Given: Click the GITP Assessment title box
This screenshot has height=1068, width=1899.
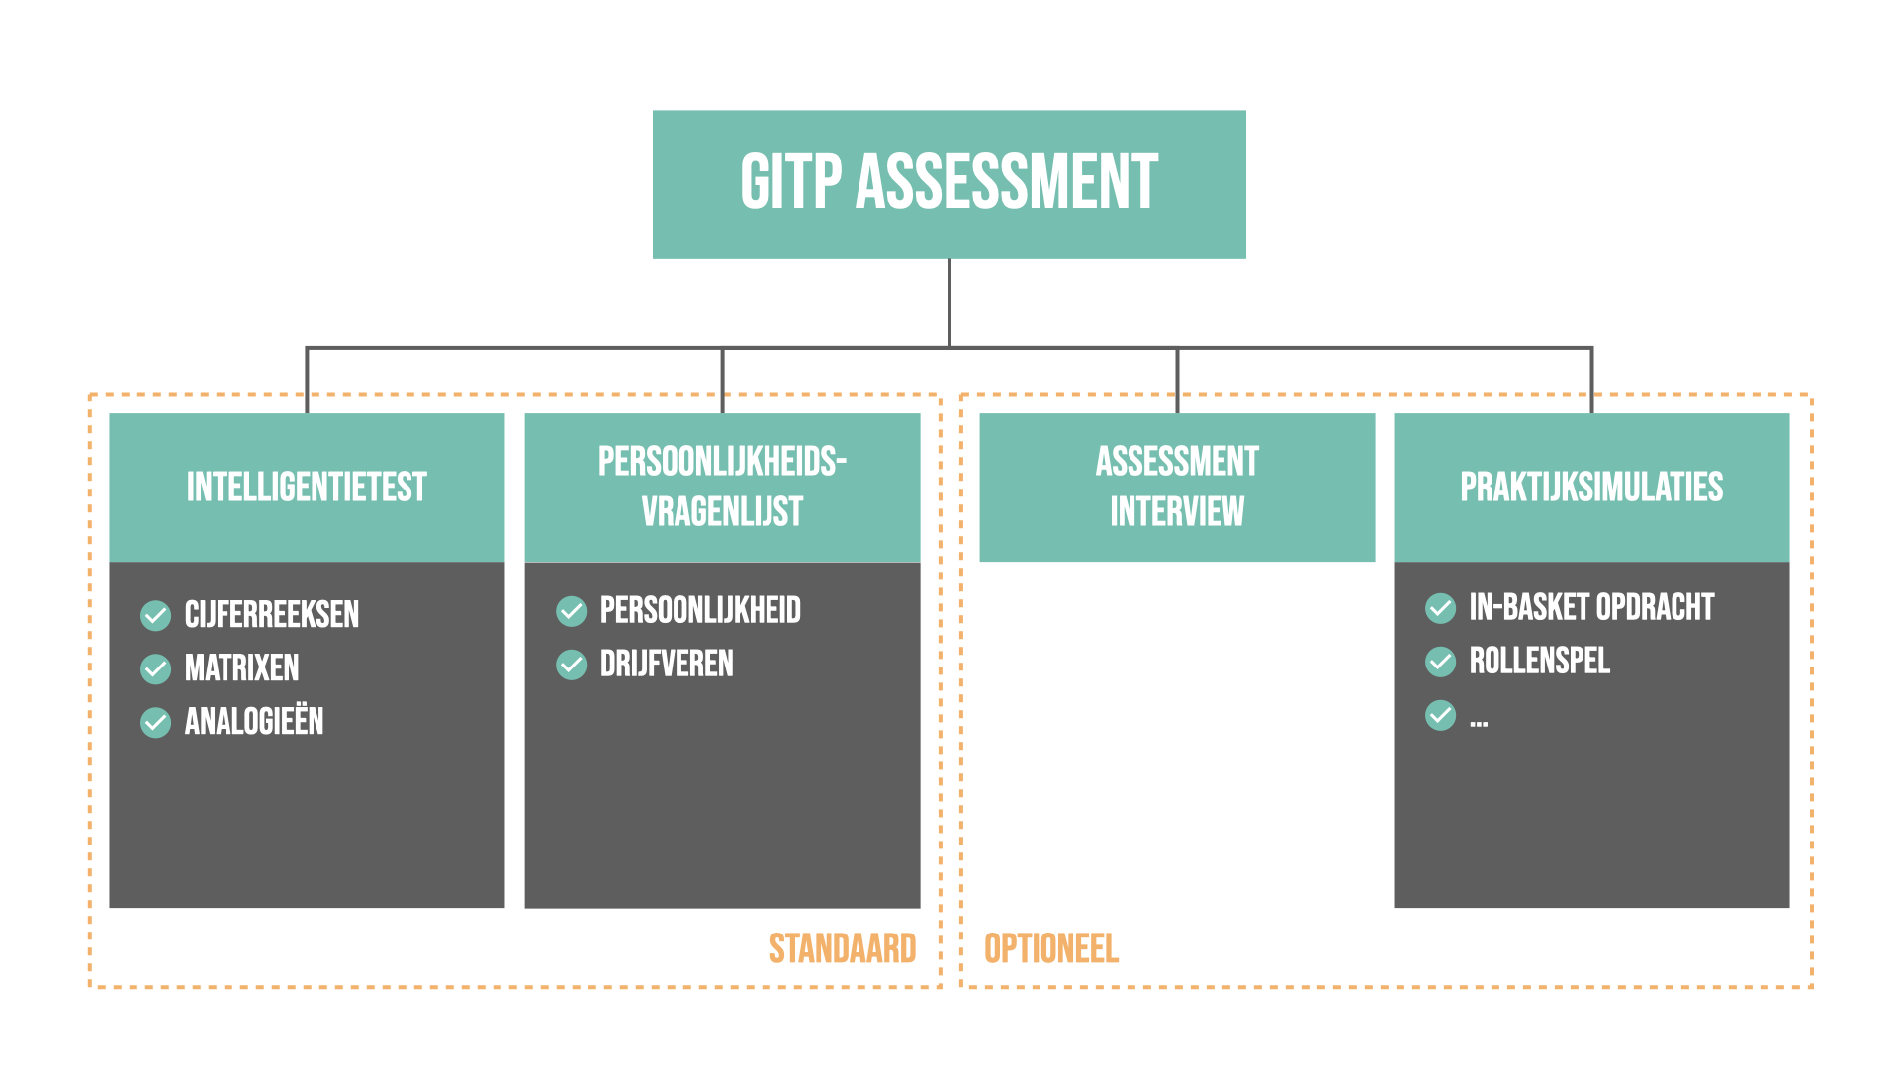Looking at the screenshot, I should [x=949, y=184].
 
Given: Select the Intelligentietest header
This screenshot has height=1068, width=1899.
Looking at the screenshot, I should [x=307, y=487].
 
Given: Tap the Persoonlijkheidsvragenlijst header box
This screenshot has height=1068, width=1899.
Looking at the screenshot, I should [x=722, y=487].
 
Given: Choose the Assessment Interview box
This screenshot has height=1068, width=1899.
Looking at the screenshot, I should [x=1177, y=487].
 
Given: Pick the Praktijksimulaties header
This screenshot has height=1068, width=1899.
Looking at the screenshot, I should [x=1591, y=487].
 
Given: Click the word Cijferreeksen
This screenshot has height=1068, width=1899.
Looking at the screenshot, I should [x=272, y=615].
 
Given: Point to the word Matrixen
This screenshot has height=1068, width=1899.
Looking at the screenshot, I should [x=242, y=668].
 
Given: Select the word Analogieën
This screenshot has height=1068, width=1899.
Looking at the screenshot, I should [x=254, y=722].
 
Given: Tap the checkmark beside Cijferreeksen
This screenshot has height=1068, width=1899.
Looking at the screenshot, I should [x=156, y=615].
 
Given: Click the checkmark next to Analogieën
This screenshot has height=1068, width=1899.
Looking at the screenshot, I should [x=156, y=723].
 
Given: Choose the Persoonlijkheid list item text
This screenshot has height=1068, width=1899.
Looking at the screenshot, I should [x=700, y=611].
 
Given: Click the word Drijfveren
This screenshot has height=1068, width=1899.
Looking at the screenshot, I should [x=667, y=665].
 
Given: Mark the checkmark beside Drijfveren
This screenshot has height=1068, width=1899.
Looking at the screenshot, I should [x=572, y=665].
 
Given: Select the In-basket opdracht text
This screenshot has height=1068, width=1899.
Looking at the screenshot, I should [x=1591, y=607].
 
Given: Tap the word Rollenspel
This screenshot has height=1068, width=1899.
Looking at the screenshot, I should [x=1540, y=661].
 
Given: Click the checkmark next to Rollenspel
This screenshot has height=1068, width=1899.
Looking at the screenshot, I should [x=1441, y=662].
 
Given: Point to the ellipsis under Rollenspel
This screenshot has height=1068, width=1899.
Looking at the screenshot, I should [x=1479, y=724].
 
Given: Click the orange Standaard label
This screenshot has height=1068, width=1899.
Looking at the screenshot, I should [x=843, y=949].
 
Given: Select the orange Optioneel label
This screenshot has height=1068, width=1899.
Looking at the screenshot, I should [x=1051, y=949].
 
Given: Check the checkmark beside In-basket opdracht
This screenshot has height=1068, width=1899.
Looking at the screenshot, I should [x=1441, y=608].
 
